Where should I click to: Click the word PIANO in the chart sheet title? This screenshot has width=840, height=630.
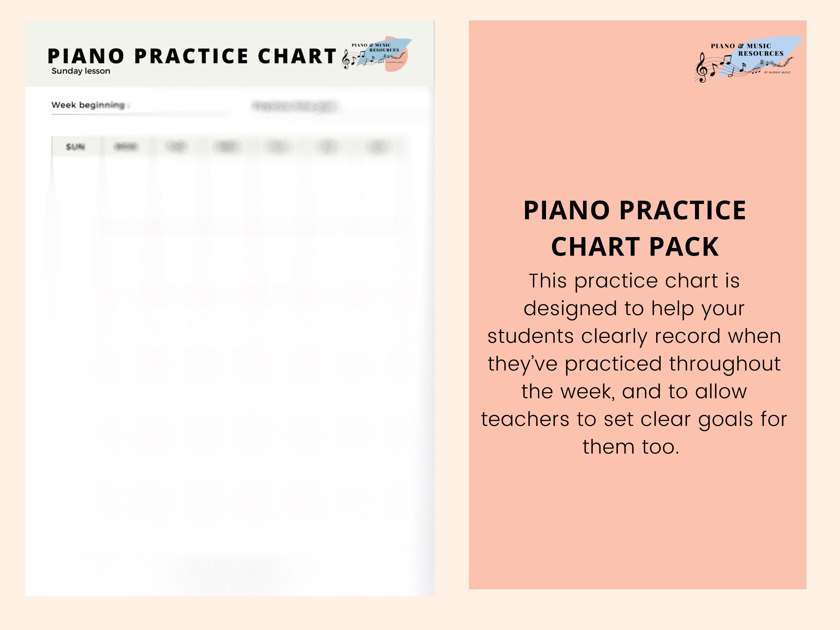86,56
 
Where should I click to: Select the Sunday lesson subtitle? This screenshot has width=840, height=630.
81,71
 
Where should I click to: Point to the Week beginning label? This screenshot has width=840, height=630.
88,105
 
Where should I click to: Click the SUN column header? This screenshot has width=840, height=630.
75,147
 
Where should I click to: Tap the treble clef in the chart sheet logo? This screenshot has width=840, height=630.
346,60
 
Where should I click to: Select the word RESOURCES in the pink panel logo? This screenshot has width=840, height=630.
761,54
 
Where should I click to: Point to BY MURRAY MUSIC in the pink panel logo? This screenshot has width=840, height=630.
777,72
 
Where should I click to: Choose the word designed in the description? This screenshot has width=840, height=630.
570,308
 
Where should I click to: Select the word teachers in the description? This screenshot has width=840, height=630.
525,419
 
